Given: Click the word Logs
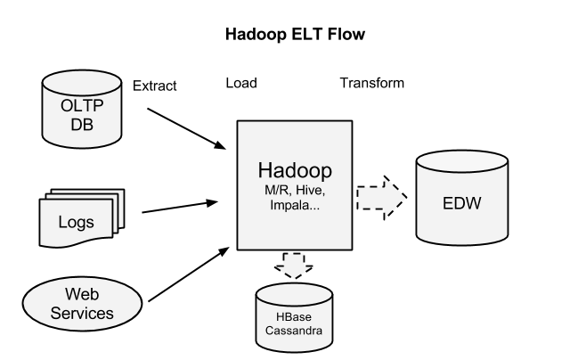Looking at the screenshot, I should click(76, 222).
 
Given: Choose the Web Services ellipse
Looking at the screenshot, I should click(82, 303).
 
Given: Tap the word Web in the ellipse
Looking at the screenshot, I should click(82, 294).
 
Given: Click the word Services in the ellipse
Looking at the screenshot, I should click(82, 313).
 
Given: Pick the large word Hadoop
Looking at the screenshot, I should click(294, 170).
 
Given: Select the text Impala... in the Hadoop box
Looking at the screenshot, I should click(294, 205).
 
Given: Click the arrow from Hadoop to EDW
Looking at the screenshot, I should click(380, 197).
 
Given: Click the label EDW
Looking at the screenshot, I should click(461, 203).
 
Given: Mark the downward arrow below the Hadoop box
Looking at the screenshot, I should click(294, 265).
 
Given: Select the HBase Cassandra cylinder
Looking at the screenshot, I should click(294, 316).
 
